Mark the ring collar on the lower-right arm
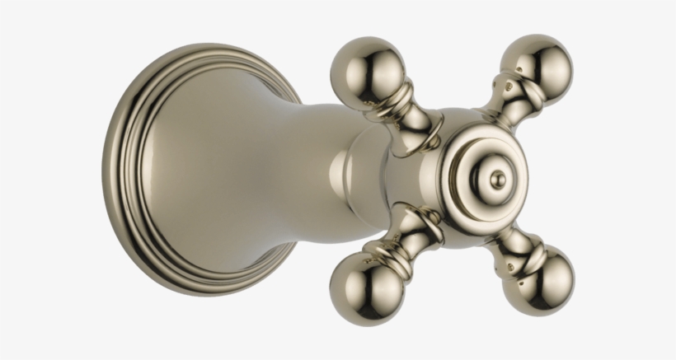coord(523,250)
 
